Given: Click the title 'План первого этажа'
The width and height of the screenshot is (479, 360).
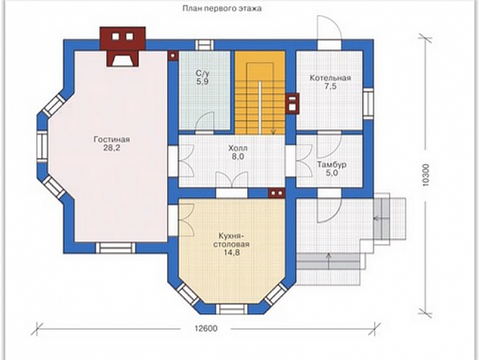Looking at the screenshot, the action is [222, 8].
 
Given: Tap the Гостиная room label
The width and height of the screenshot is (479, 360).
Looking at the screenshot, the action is [112, 139].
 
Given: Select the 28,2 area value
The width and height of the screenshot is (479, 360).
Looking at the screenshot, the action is [112, 148].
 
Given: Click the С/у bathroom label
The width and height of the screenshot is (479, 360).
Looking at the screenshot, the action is [202, 73].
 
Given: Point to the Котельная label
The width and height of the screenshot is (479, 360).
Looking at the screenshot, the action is [330, 78].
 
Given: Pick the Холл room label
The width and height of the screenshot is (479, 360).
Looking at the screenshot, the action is [238, 148].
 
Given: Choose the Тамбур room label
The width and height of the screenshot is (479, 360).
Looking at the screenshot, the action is [332, 165].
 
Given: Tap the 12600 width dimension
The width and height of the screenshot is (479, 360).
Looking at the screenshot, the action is [206, 328].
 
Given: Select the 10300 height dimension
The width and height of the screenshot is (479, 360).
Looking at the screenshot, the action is [426, 175].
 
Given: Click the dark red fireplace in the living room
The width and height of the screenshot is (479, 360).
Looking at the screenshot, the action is [123, 46].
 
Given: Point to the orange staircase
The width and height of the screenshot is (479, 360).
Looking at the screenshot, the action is [260, 92].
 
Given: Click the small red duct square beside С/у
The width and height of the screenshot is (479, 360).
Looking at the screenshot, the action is [173, 56].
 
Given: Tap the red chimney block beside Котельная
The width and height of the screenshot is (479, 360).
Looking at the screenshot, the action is [292, 103].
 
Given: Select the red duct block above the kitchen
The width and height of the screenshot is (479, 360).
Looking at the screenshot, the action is [277, 193].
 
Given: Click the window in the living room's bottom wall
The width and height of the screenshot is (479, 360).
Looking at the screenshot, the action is [116, 248].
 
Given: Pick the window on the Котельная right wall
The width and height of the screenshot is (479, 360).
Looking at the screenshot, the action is [369, 103].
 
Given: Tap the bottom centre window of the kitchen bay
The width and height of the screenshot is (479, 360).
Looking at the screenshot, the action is [232, 309].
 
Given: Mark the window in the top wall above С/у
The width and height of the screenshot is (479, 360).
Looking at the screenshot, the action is [203, 45].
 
